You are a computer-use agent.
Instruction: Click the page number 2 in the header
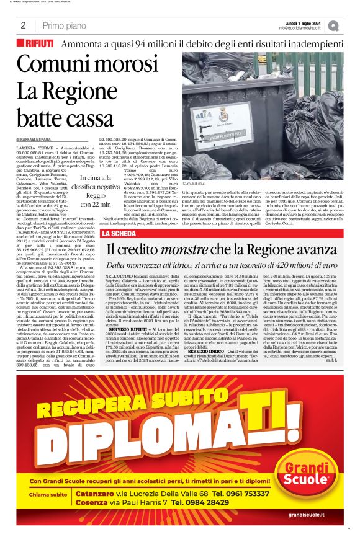click(23, 25)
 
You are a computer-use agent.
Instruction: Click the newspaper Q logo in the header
click(335, 25)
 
